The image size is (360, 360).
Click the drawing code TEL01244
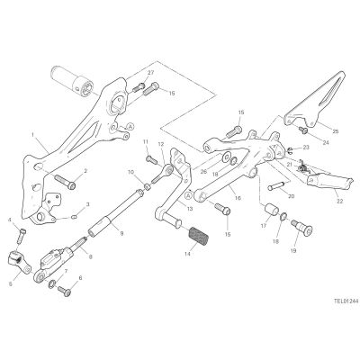[x=346, y=301]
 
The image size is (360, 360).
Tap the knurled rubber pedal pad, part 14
[x=198, y=236]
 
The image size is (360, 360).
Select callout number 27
[x=150, y=72]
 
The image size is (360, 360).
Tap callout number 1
[x=32, y=135]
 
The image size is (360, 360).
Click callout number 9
[x=121, y=233]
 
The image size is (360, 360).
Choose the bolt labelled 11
[x=152, y=159]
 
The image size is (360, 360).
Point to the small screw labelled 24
[x=303, y=130]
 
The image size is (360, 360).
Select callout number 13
[x=189, y=209]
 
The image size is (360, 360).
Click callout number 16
[x=238, y=198]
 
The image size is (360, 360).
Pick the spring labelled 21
[x=303, y=167]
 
